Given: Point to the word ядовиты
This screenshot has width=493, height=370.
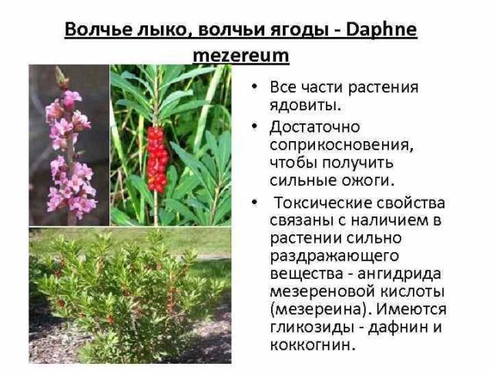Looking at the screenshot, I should pos(305,104).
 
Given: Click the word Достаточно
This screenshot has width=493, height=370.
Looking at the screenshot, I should pos(315,126).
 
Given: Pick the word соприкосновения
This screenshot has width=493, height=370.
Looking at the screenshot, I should pos(332,144).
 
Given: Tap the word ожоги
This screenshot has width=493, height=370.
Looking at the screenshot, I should pos(366,181).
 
